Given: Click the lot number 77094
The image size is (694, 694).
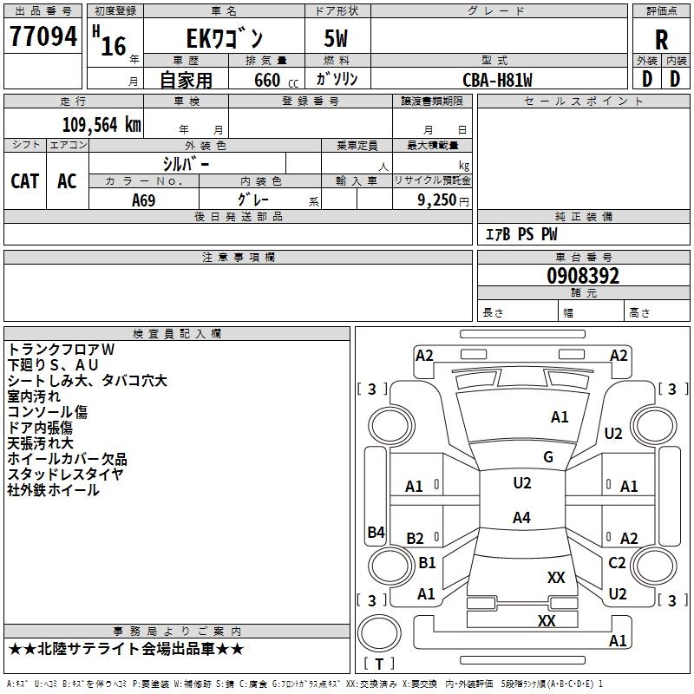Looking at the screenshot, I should (x=43, y=37).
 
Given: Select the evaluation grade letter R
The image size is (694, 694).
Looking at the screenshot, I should (x=661, y=39).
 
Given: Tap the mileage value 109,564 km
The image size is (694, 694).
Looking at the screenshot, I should (x=101, y=124).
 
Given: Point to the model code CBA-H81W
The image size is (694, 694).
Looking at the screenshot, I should (x=497, y=80).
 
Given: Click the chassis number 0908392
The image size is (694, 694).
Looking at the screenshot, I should (x=583, y=277).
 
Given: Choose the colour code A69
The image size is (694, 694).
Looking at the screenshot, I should (x=144, y=200).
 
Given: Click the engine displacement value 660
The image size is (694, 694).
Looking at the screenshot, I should (x=266, y=81).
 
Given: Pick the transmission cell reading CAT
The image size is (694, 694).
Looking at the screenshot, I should (x=25, y=180).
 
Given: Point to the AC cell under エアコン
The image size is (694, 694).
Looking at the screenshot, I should (x=67, y=180).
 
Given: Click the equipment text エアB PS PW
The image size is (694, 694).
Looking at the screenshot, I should (x=520, y=234).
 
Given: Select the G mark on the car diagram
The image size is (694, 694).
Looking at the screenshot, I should (x=548, y=457).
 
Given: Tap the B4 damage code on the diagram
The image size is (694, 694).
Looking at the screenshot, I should (x=376, y=533).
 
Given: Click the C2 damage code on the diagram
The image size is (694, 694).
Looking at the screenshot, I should (x=617, y=563).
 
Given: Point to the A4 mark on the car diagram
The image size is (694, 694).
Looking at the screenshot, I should (x=521, y=518).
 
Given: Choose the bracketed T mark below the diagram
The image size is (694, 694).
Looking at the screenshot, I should (x=379, y=664).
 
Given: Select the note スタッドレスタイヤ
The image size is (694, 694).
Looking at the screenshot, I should (x=66, y=474).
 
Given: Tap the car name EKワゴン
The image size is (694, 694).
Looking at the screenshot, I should (x=226, y=39).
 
